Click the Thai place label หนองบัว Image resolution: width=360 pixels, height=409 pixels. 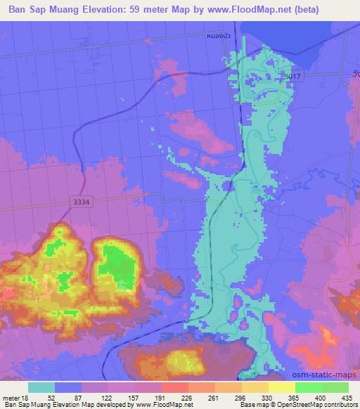point(219,34)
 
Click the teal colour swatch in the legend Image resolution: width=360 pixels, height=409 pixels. point(41,387)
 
